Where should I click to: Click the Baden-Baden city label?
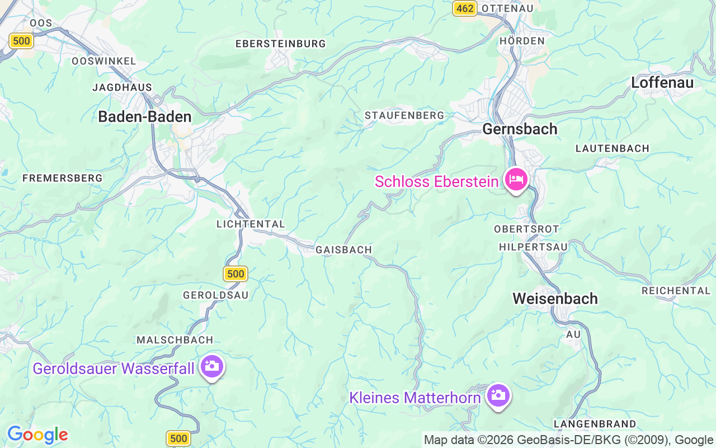click(x=144, y=116)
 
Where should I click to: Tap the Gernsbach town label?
click(x=520, y=129)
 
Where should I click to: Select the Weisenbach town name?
click(x=555, y=298)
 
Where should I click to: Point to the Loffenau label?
click(x=662, y=82)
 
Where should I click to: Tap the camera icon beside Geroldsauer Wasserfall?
click(x=212, y=366)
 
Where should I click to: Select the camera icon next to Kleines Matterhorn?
click(x=498, y=395)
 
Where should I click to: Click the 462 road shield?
click(x=464, y=8)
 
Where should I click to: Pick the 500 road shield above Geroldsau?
click(x=235, y=273)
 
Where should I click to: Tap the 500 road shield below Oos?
click(x=21, y=40)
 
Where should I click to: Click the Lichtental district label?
click(x=251, y=224)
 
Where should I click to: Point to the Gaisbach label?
click(x=343, y=250)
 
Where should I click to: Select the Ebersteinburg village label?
click(x=280, y=44)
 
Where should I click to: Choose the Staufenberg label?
click(x=404, y=115)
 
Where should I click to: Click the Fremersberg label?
click(x=62, y=178)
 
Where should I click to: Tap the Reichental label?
click(x=676, y=291)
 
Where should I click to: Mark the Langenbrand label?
click(x=595, y=424)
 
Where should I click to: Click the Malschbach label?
click(x=175, y=340)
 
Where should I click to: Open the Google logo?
click(x=37, y=435)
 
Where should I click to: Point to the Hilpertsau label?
click(x=533, y=247)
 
